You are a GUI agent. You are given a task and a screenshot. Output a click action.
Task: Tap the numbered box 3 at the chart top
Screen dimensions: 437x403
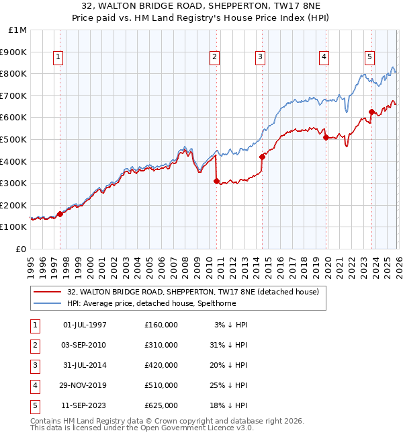[x=259, y=58]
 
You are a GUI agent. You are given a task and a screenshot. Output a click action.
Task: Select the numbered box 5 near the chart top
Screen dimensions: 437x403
[x=369, y=58]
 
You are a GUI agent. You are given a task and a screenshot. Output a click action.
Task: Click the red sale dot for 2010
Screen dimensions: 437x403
[x=216, y=181]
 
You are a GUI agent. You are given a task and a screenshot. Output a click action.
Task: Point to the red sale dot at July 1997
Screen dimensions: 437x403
[x=60, y=214]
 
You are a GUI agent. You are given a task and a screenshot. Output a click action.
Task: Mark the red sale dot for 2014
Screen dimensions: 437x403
[x=262, y=157]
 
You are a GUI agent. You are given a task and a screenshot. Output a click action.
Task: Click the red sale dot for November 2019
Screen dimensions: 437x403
[x=326, y=137]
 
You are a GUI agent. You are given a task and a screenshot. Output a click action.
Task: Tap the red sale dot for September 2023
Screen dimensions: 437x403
[x=371, y=112]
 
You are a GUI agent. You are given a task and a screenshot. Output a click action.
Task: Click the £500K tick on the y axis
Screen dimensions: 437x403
[x=14, y=139]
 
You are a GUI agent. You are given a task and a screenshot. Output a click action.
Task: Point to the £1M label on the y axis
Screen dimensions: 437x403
[x=18, y=30]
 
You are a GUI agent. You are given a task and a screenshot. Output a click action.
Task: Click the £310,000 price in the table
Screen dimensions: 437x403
[x=161, y=345]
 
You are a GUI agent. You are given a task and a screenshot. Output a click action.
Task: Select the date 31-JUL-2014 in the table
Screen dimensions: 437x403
[x=85, y=365]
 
